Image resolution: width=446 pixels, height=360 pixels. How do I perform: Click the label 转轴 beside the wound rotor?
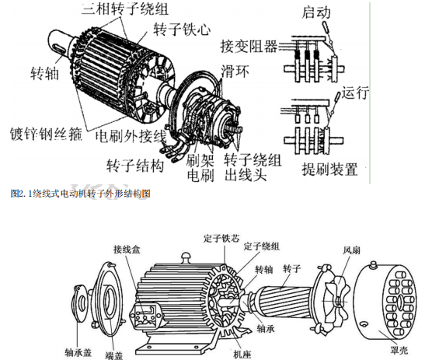[44, 73]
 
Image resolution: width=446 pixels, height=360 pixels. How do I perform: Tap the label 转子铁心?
[182, 30]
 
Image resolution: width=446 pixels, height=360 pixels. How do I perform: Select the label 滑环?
[235, 71]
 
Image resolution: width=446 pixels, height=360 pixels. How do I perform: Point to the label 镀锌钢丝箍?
[46, 134]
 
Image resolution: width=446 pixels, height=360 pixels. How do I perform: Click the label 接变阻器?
[249, 47]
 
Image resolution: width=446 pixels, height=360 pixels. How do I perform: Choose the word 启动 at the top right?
[316, 12]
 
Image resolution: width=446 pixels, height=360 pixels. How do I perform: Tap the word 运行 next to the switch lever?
[355, 93]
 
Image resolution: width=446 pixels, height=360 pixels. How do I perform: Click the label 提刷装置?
[329, 170]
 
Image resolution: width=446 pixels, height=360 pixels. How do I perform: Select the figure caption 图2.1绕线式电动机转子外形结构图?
[81, 194]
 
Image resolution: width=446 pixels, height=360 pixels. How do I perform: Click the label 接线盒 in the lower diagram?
[127, 250]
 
